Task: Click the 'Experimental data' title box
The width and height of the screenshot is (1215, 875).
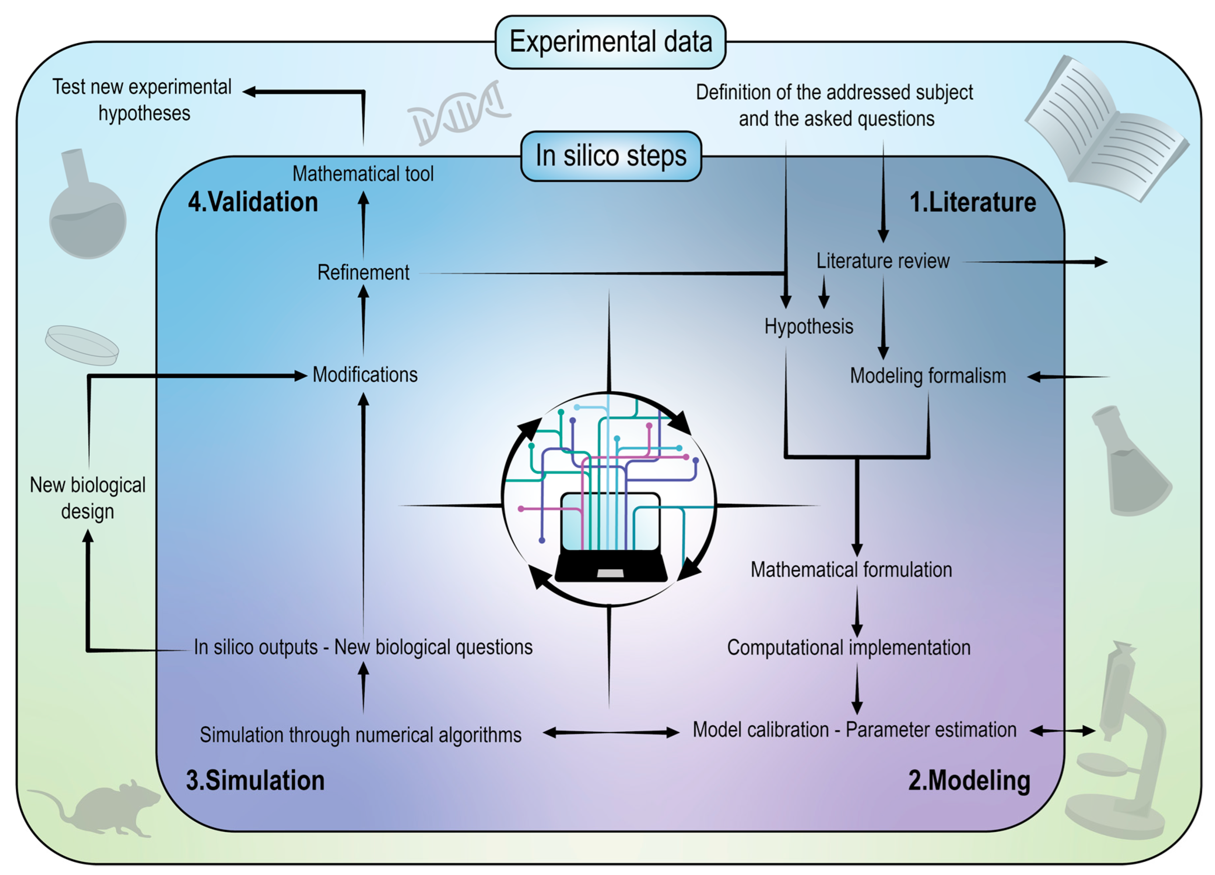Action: point(610,42)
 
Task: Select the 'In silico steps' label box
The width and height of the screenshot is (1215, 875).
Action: point(611,156)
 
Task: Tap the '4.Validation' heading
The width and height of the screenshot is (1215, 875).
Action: point(253,202)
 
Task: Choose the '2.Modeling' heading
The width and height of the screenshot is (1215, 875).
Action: point(969,781)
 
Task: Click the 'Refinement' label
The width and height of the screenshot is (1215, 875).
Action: point(363,272)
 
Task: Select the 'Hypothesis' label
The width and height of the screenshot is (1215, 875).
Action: point(808,327)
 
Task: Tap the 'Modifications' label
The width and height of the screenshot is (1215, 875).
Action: point(365,375)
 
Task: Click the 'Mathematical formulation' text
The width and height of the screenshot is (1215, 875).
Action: point(851,570)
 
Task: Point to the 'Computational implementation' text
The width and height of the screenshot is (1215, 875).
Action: point(849,648)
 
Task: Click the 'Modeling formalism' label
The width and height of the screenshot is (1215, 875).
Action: point(928,376)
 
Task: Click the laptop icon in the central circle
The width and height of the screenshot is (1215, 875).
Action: point(611,537)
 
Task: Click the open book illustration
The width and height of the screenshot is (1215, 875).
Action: point(1106,128)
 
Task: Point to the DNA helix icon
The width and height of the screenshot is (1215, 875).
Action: point(459,112)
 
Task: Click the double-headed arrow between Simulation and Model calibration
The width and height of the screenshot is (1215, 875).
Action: point(611,733)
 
